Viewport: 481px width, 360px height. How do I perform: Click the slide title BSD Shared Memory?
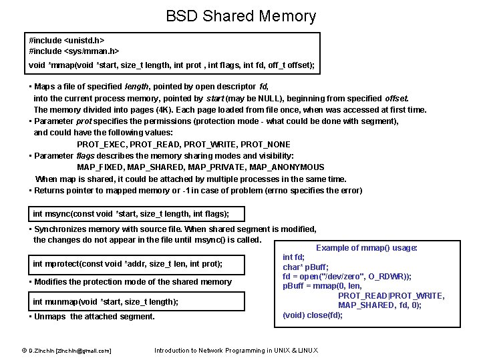pos(240,16)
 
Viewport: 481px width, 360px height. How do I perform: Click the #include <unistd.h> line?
pos(67,41)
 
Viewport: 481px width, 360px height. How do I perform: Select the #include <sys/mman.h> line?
pos(74,51)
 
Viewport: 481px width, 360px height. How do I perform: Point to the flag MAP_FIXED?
pos(99,167)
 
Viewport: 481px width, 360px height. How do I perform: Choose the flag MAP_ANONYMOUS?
pos(288,167)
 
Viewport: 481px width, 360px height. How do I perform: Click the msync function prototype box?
pos(131,214)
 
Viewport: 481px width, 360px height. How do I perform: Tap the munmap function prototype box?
pos(106,301)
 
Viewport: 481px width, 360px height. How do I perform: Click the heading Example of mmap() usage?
pos(367,248)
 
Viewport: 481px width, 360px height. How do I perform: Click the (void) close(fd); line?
pos(313,315)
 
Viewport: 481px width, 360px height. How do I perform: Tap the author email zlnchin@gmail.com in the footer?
pos(84,351)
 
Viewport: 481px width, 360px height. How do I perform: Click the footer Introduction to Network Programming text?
pos(236,351)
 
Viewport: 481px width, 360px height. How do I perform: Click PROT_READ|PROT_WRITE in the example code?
pos(391,296)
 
